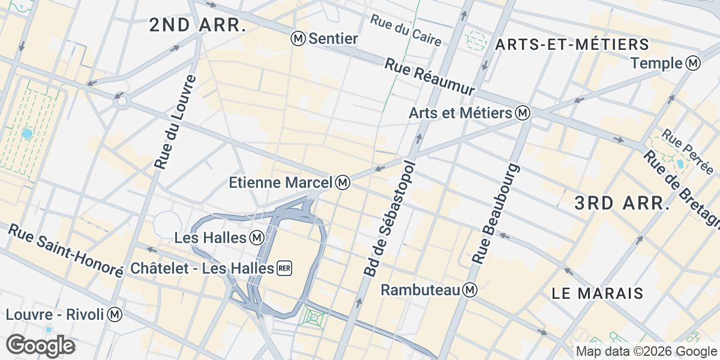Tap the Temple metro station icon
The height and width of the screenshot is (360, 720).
(x=694, y=63)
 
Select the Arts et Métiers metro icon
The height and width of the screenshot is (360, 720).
(x=523, y=113)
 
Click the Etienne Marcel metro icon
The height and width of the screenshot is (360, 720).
(x=343, y=182)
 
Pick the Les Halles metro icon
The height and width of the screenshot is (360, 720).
(x=257, y=238)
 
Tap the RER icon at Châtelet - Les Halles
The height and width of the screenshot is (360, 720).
(x=284, y=268)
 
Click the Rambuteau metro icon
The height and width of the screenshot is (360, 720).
(x=470, y=290)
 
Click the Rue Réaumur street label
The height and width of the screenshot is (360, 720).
(x=430, y=76)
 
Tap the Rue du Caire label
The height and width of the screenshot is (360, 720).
(x=406, y=30)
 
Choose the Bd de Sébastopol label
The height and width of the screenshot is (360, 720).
(x=389, y=218)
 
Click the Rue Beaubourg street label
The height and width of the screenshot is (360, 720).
(x=496, y=213)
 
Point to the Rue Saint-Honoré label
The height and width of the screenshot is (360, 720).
(x=66, y=251)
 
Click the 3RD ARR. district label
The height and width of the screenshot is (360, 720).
(x=621, y=203)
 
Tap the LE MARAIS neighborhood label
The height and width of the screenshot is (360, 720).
(x=597, y=293)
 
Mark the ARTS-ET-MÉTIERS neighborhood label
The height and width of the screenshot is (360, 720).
(x=572, y=44)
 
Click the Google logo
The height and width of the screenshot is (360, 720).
(x=40, y=346)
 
